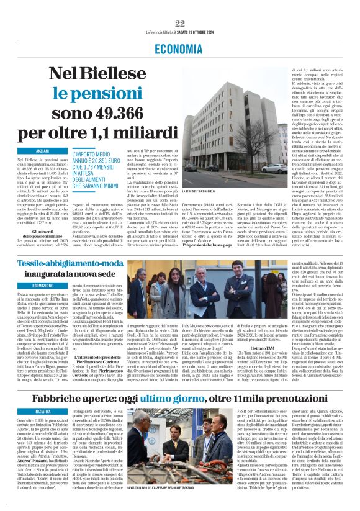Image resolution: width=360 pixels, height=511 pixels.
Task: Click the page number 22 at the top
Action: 180,24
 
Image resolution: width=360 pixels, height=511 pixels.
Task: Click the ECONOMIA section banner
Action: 180,48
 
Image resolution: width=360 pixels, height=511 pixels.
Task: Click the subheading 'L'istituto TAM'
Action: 263,351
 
